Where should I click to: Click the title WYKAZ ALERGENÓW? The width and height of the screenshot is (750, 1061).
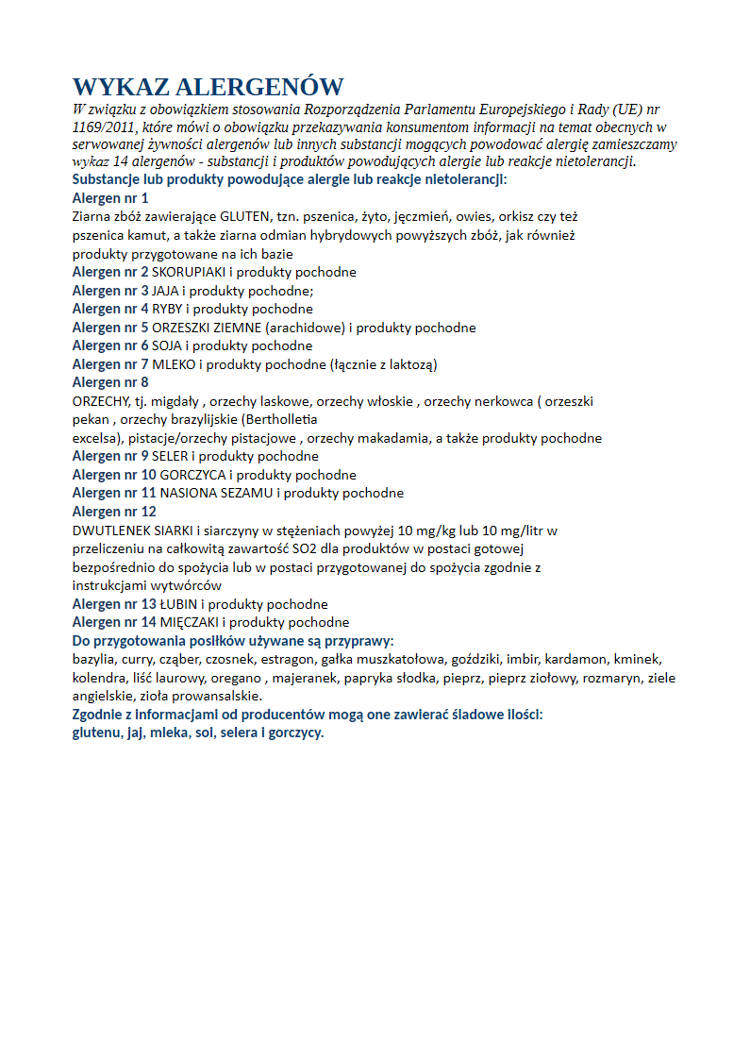(208, 88)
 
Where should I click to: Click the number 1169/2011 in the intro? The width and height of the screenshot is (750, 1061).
(103, 127)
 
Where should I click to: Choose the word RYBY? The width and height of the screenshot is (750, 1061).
(167, 309)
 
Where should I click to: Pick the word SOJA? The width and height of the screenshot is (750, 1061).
(166, 345)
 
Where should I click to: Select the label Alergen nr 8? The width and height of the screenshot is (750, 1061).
(110, 382)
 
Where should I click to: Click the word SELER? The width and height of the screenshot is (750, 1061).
(171, 456)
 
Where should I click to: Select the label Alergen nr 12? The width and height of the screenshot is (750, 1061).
(114, 512)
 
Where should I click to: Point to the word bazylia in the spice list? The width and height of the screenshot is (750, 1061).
(93, 659)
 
